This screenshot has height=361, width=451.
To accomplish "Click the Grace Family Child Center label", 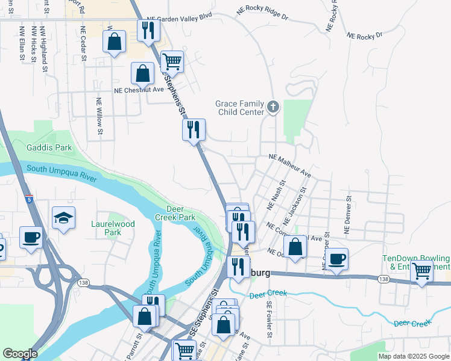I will [240, 108].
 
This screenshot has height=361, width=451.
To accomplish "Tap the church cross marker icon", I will [273, 108].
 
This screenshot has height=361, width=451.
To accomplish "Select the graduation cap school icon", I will [63, 218].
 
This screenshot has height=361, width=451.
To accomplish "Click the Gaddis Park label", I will [49, 147].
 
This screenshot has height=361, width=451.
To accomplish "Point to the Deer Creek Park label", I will [180, 213].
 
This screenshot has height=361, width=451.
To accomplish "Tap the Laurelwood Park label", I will [113, 227].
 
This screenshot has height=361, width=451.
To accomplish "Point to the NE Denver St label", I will [347, 214].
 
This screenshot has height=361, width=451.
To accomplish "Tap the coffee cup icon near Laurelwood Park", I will [30, 237].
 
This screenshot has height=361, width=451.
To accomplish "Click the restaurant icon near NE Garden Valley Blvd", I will [148, 30].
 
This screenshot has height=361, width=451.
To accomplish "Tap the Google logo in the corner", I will [20, 354].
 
